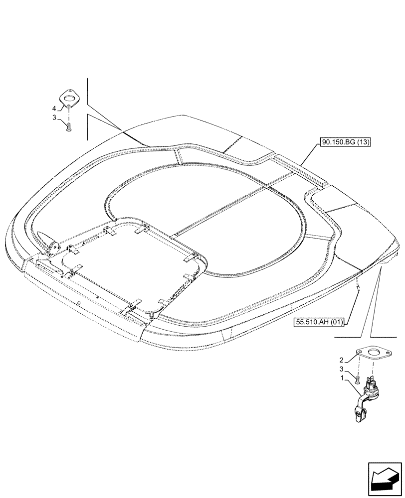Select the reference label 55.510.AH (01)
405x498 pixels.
pos(320,322)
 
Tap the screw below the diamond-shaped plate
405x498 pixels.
pos(69,127)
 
